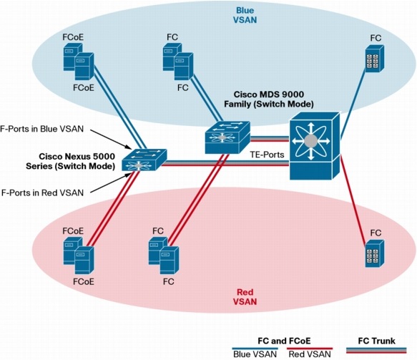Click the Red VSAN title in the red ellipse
pyautogui.click(x=247, y=298)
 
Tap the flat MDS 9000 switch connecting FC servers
pyautogui.click(x=225, y=136)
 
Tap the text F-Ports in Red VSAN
pyautogui.click(x=42, y=192)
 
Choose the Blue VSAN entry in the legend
pyautogui.click(x=255, y=354)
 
